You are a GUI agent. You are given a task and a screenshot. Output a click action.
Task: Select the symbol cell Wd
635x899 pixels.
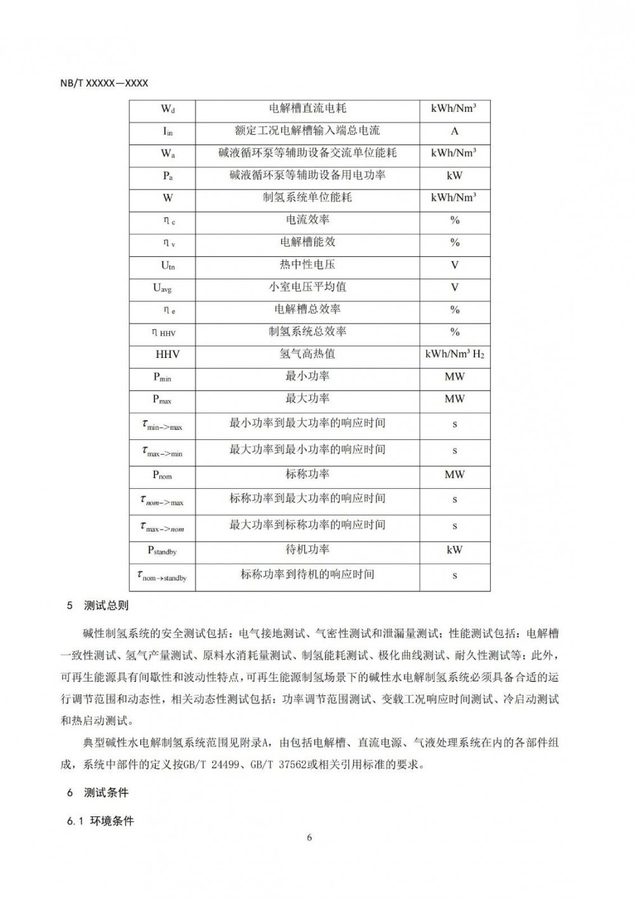click(x=168, y=109)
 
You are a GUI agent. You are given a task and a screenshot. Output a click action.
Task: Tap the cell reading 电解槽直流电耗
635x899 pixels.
click(x=307, y=109)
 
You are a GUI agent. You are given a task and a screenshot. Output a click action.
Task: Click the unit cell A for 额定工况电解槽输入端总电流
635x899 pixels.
click(x=455, y=131)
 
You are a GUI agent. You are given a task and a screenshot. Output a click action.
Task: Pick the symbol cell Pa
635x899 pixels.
click(x=168, y=176)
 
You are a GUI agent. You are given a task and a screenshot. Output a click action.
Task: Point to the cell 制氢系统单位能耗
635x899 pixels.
click(x=307, y=198)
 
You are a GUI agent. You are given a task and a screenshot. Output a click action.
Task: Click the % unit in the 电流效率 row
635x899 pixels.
click(x=455, y=221)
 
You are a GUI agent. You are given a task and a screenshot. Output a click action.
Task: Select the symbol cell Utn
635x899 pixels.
click(x=168, y=265)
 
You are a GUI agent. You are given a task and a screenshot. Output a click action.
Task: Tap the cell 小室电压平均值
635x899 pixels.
click(x=307, y=287)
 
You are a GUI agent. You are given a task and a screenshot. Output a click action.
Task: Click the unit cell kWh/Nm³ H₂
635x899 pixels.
click(x=455, y=354)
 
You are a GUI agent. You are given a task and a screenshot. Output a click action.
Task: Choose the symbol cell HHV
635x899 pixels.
click(x=168, y=354)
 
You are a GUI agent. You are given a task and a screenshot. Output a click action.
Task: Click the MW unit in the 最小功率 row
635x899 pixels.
click(x=455, y=376)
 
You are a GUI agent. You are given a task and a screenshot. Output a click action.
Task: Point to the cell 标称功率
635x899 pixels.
click(x=307, y=474)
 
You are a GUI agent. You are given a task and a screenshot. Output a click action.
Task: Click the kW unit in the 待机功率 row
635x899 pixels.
click(x=455, y=550)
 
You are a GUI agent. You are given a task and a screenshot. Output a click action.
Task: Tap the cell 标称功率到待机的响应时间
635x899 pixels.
click(x=307, y=575)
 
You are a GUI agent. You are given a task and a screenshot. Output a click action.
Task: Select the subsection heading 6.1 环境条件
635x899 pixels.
click(x=100, y=821)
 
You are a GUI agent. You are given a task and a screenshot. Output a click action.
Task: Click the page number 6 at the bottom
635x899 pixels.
click(x=309, y=837)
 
